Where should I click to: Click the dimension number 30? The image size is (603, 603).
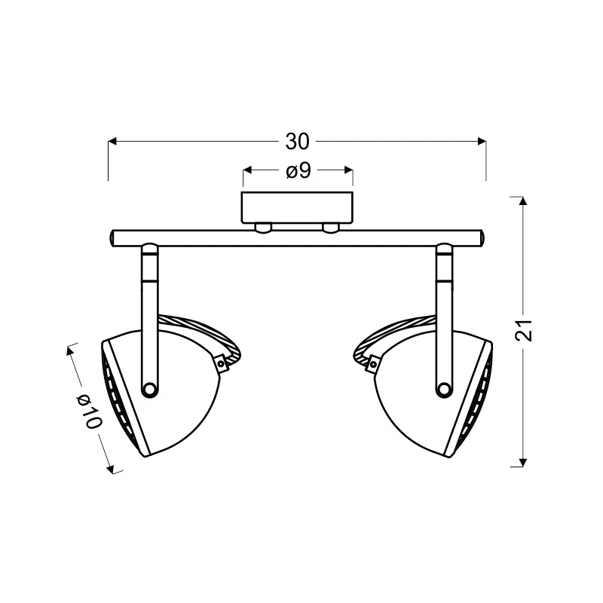pyautogui.click(x=297, y=142)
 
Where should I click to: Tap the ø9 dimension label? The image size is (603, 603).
pyautogui.click(x=298, y=170)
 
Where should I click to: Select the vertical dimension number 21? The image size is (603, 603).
pyautogui.click(x=524, y=330)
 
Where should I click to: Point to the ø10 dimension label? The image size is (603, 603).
pyautogui.click(x=89, y=411)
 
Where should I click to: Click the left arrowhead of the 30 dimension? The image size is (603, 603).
pyautogui.click(x=112, y=142)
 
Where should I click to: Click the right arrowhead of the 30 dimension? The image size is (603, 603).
pyautogui.click(x=482, y=142)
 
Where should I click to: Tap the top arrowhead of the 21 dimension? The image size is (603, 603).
pyautogui.click(x=522, y=201)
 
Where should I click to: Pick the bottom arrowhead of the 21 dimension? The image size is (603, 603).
pyautogui.click(x=522, y=462)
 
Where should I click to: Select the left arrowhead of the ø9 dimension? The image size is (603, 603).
pyautogui.click(x=247, y=170)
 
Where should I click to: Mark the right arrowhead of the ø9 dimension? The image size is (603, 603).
pyautogui.click(x=349, y=170)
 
